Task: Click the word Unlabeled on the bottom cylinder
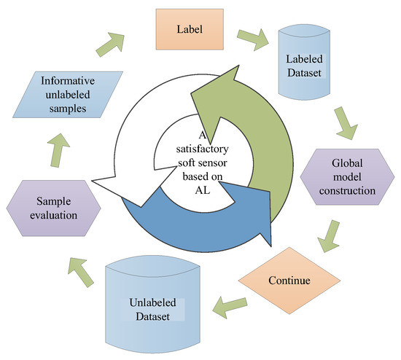[x=151, y=305]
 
